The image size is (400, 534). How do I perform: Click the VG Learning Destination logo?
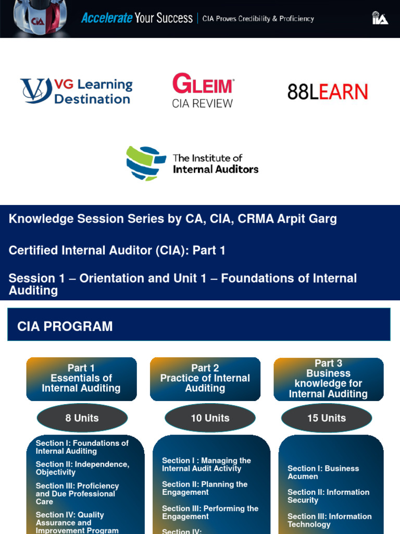click(77, 91)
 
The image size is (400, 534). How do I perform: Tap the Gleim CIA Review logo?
click(203, 91)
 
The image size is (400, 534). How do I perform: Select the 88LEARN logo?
click(328, 92)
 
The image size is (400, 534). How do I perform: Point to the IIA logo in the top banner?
click(380, 18)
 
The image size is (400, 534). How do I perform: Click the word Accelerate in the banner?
click(107, 18)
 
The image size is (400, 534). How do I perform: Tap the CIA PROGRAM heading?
click(65, 326)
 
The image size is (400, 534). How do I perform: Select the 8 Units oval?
click(82, 418)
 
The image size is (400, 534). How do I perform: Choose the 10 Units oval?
click(210, 418)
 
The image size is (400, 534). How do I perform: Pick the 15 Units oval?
click(327, 418)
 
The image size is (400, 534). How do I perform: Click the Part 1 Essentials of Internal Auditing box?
click(81, 379)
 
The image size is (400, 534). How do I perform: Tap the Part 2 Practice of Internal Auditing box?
click(205, 379)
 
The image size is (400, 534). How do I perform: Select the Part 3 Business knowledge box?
click(328, 379)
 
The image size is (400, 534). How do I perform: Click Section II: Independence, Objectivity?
click(82, 468)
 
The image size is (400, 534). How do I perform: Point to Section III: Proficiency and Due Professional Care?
click(77, 493)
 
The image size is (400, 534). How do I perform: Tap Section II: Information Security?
click(328, 496)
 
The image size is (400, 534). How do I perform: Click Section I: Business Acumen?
click(323, 472)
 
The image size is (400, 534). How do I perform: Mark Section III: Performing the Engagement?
click(210, 513)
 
